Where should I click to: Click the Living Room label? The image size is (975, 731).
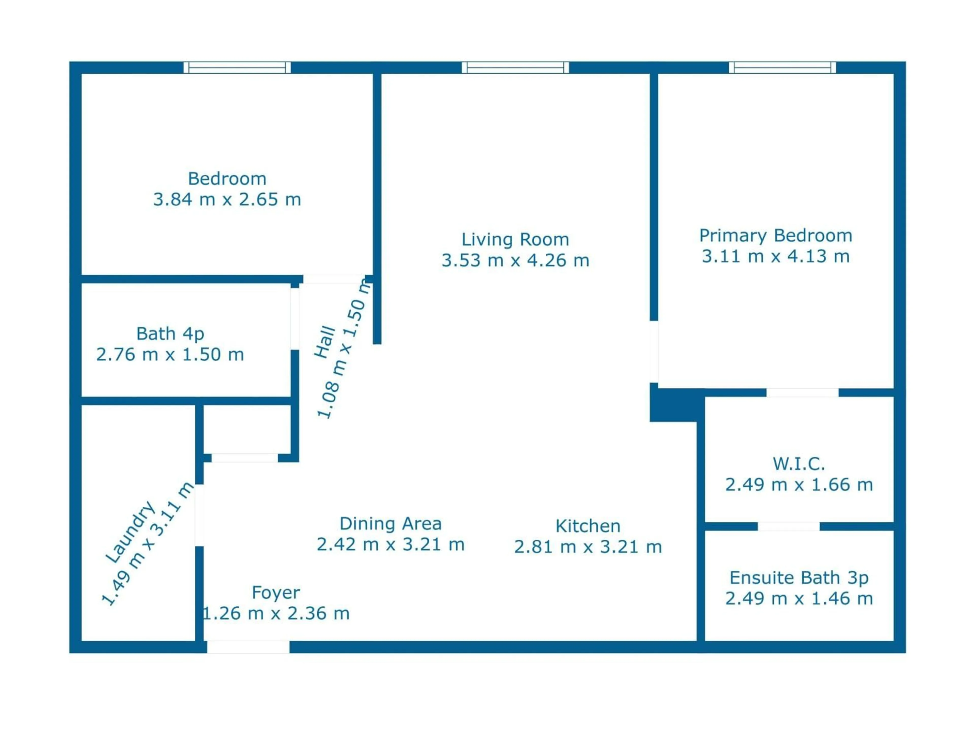pyautogui.click(x=515, y=240)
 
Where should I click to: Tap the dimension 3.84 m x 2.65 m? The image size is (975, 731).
pyautogui.click(x=227, y=200)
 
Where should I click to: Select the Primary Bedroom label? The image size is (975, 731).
pyautogui.click(x=775, y=236)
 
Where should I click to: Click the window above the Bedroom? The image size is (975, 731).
pyautogui.click(x=237, y=68)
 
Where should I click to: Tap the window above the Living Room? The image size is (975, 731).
pyautogui.click(x=515, y=68)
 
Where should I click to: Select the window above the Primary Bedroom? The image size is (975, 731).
pyautogui.click(x=782, y=68)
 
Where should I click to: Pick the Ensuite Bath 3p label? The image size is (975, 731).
pyautogui.click(x=799, y=578)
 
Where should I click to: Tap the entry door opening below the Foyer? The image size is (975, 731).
pyautogui.click(x=248, y=647)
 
